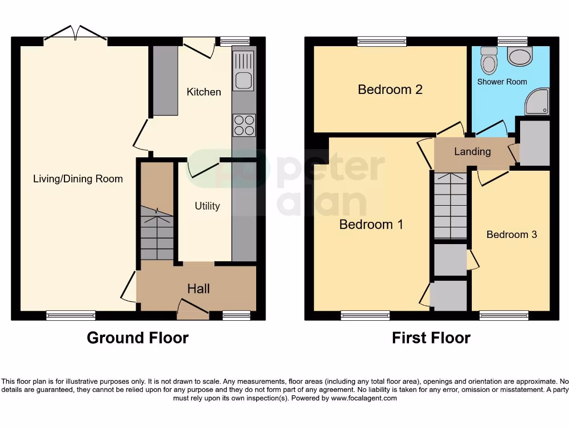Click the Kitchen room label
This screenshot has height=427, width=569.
pos(203,92)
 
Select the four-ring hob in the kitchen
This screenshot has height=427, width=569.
pos(243,125)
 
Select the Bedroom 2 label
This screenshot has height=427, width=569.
pos(390,90)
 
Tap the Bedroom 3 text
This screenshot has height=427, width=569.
pos(511,235)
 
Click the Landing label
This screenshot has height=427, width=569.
pos(472,152)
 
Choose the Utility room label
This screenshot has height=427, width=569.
pos(207,206)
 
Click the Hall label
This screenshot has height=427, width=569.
pos(198,289)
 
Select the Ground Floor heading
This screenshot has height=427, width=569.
pos(137,337)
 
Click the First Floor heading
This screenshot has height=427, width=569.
pos(431,337)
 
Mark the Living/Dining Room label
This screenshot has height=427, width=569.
pos(78,179)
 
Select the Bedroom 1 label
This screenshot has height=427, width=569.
pos(371,225)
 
